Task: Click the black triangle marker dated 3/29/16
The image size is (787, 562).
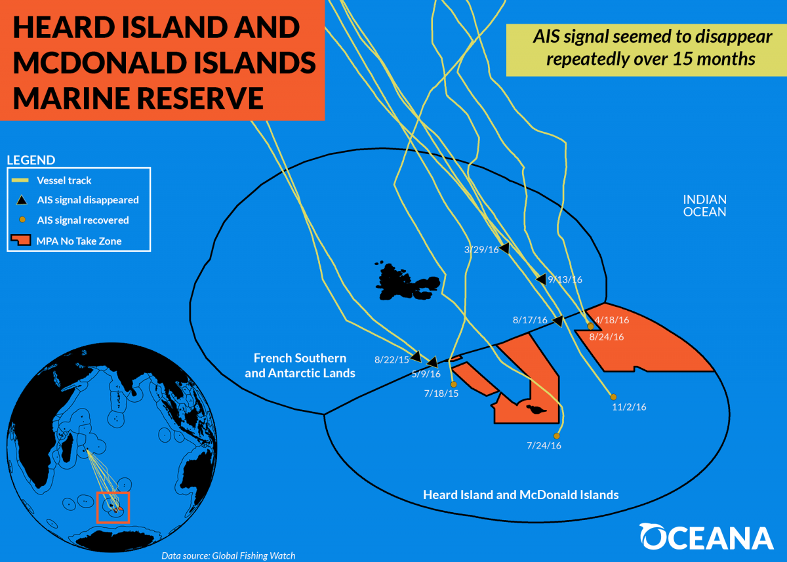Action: click(x=505, y=249)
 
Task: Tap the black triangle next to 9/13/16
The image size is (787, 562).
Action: click(x=542, y=279)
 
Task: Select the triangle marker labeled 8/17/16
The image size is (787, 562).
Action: click(x=558, y=321)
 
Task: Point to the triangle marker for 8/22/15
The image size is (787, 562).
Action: click(x=416, y=357)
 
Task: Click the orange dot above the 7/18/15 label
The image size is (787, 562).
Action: click(x=454, y=385)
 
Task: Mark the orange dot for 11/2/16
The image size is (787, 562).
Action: click(x=613, y=397)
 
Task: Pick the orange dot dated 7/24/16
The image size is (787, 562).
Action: click(x=557, y=436)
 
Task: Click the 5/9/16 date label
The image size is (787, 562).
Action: click(x=426, y=374)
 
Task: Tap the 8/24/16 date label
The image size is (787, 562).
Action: click(x=607, y=337)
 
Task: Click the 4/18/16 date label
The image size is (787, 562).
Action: click(x=612, y=320)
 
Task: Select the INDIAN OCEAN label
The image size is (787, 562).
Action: click(x=704, y=206)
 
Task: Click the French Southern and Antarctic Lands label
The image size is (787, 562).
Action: click(x=300, y=366)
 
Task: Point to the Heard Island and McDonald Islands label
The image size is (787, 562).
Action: click(x=521, y=495)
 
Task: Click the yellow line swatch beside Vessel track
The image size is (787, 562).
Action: click(x=20, y=180)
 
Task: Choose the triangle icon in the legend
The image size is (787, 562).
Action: click(x=22, y=200)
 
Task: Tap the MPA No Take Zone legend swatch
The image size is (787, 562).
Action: click(x=21, y=240)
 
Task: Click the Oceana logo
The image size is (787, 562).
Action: click(x=706, y=536)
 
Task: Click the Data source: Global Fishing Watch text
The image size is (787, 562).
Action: click(x=228, y=555)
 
